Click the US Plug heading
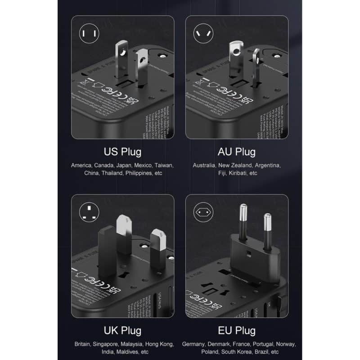point(122,151)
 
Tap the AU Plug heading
point(236,151)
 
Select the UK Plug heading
point(122,331)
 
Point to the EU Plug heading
point(236,331)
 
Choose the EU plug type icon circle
point(202,211)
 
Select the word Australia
point(204,165)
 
